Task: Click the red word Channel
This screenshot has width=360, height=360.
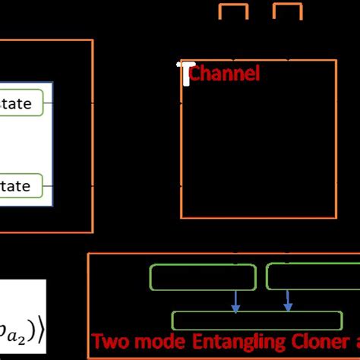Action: pyautogui.click(x=224, y=74)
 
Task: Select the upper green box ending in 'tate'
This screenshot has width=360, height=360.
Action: pyautogui.click(x=21, y=102)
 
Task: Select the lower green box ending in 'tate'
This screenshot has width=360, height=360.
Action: pyautogui.click(x=21, y=185)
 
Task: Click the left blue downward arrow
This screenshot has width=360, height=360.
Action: pyautogui.click(x=235, y=301)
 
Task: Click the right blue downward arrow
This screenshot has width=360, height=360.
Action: pyautogui.click(x=288, y=301)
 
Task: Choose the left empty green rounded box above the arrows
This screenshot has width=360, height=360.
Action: pyautogui.click(x=203, y=277)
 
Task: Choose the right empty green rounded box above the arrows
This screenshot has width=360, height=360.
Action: pyautogui.click(x=311, y=277)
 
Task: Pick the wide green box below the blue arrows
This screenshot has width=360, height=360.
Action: pyautogui.click(x=262, y=320)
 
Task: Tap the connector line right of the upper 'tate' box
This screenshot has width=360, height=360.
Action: pyautogui.click(x=73, y=102)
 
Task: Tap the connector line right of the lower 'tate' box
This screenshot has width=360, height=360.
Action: pyautogui.click(x=73, y=185)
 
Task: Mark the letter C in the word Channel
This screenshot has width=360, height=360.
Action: pyautogui.click(x=194, y=74)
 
